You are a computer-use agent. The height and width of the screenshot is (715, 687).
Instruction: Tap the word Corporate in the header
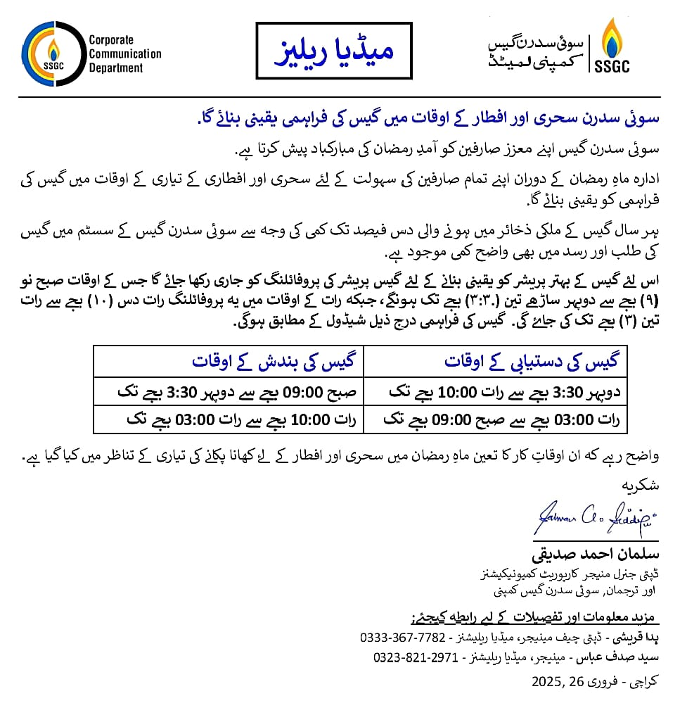coord(111,40)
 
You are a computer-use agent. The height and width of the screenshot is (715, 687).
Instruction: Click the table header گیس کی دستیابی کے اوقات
coord(531,361)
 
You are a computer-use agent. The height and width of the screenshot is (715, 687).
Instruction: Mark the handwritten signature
coord(595,519)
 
